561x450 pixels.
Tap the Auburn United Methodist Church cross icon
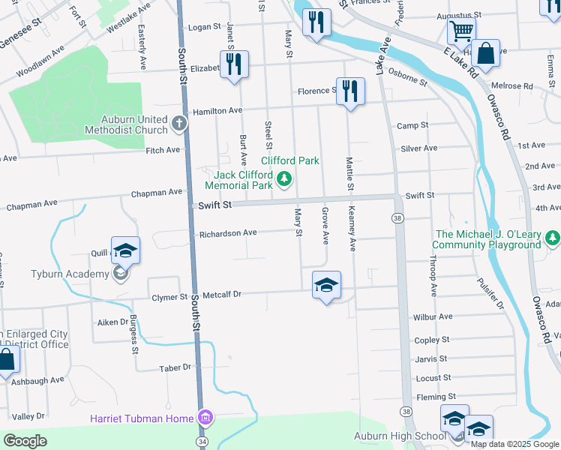pyautogui.click(x=179, y=121)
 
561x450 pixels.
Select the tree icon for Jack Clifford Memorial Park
pyautogui.click(x=283, y=178)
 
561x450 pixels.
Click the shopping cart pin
pyautogui.click(x=461, y=31)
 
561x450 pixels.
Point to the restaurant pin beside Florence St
pyautogui.click(x=350, y=92)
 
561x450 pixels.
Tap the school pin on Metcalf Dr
pyautogui.click(x=326, y=286)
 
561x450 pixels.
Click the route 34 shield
pyautogui.click(x=201, y=442)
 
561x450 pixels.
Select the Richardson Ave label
pyautogui.click(x=228, y=233)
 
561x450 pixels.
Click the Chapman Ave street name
pyautogui.click(x=157, y=193)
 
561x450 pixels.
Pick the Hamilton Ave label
pyautogui.click(x=217, y=110)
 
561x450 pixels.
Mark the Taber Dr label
pyautogui.click(x=175, y=367)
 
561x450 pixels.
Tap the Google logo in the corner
pyautogui.click(x=25, y=441)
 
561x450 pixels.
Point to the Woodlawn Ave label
pyautogui.click(x=41, y=73)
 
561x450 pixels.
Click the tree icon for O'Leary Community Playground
pyautogui.click(x=552, y=238)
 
